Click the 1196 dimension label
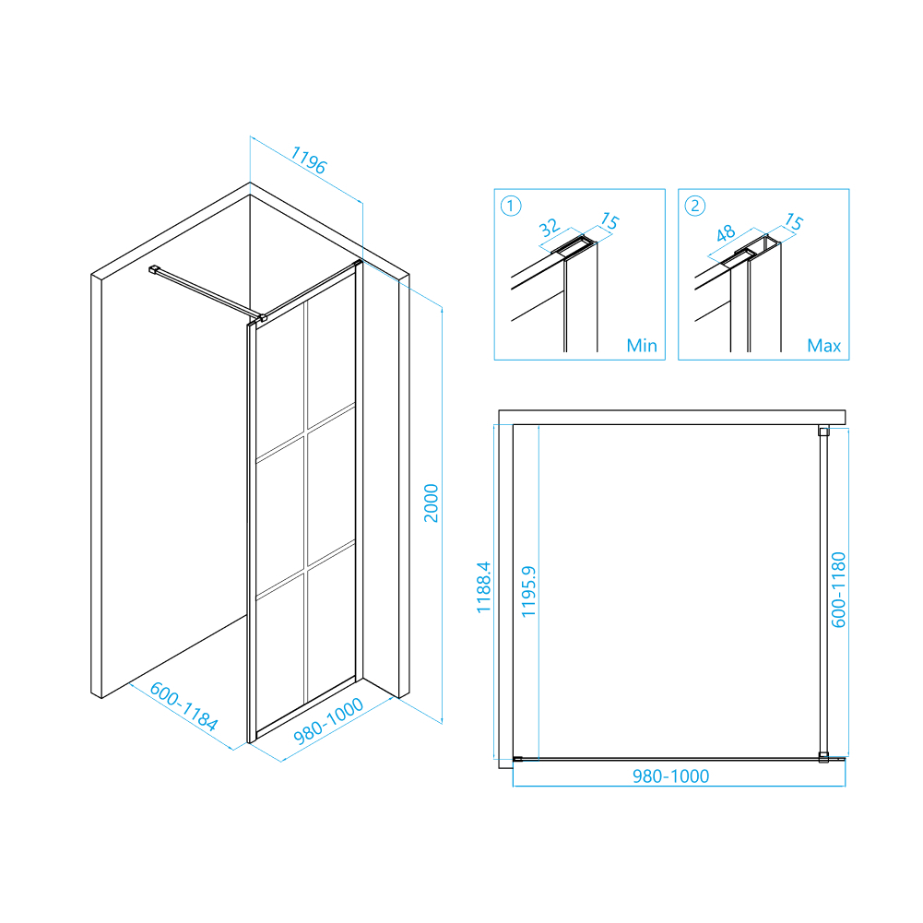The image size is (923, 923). tap(309, 160)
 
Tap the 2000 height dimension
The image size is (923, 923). tap(432, 503)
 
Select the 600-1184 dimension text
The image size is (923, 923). tap(183, 705)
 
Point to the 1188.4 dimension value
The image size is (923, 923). tap(483, 586)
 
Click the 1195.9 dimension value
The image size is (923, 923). tap(528, 591)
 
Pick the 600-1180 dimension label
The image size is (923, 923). tap(838, 590)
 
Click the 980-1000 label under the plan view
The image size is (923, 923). tap(670, 775)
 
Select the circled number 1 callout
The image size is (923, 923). tap(510, 206)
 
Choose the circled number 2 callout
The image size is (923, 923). tap(694, 206)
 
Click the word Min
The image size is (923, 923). tap(642, 346)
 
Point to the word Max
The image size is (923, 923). tap(823, 346)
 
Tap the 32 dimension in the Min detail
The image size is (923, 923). tap(549, 227)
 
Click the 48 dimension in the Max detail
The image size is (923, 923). tap(725, 233)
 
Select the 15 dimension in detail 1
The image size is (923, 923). tap(609, 220)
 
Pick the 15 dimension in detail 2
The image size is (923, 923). tap(794, 221)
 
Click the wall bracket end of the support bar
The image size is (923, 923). tap(154, 269)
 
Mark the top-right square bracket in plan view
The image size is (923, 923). tap(823, 432)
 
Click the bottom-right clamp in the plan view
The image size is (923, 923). tap(823, 758)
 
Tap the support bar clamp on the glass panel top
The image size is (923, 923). tap(262, 318)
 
